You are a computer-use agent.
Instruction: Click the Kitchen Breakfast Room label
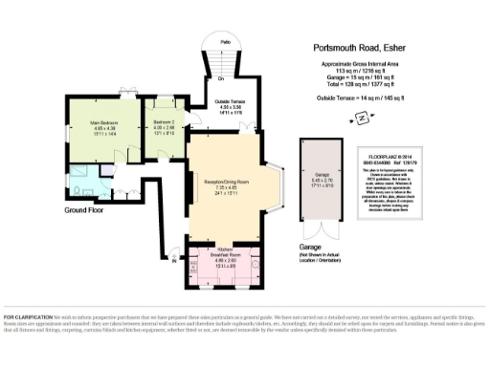click(227, 257)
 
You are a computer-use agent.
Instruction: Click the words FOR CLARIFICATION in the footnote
click(23, 317)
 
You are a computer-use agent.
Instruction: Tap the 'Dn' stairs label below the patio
click(221, 79)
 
